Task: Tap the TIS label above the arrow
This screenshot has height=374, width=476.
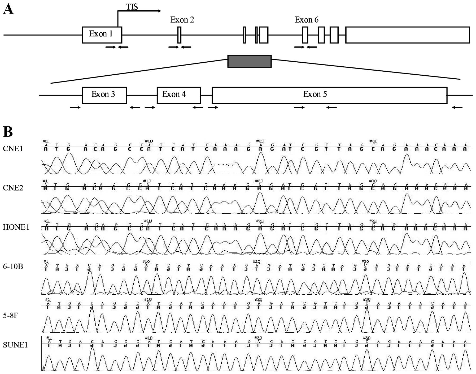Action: click(x=132, y=7)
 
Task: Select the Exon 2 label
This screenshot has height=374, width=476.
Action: click(x=182, y=20)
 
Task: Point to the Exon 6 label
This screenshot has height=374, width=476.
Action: click(x=307, y=20)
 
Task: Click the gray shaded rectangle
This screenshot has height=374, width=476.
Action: click(x=249, y=61)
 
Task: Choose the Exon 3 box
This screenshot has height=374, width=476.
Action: click(x=104, y=95)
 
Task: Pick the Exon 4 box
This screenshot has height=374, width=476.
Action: click(x=178, y=95)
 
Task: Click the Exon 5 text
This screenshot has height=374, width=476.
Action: click(x=315, y=94)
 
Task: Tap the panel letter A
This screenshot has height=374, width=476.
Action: click(x=8, y=9)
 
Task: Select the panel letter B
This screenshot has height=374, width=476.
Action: click(x=8, y=131)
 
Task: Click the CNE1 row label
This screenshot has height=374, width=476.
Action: click(x=13, y=148)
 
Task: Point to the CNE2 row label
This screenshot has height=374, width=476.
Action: click(x=13, y=188)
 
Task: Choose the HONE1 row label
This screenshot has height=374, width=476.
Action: click(x=16, y=227)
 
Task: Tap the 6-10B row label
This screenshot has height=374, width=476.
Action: click(x=13, y=266)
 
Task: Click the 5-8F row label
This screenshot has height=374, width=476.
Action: click(x=10, y=315)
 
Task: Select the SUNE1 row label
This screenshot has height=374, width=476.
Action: click(x=15, y=345)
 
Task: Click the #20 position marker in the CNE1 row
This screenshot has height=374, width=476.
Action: click(x=260, y=141)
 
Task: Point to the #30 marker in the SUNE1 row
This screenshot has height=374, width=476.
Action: click(x=366, y=338)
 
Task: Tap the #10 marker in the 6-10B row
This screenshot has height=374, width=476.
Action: click(x=146, y=262)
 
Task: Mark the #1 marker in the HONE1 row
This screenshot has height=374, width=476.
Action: click(x=47, y=221)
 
